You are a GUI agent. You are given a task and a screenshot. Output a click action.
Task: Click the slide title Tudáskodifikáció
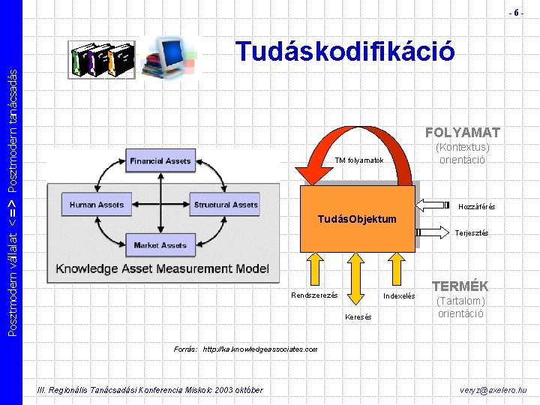point(344,52)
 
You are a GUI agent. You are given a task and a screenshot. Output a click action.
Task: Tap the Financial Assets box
point(160,161)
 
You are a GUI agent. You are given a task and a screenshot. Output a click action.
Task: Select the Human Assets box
point(96,205)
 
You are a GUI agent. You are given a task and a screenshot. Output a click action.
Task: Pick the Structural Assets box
point(226,205)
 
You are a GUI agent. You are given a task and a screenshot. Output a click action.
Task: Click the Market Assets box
point(160,245)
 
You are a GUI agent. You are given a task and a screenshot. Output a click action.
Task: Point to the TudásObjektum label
point(356,219)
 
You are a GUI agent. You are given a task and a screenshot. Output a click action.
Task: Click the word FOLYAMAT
point(462,133)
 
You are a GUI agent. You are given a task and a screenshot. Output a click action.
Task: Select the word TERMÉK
point(460,286)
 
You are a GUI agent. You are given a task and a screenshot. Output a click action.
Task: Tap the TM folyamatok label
point(359,160)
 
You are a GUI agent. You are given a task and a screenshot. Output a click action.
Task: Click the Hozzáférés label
point(477,206)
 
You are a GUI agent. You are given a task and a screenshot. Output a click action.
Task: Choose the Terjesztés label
point(472,233)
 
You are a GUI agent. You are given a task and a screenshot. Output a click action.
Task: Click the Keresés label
point(358,317)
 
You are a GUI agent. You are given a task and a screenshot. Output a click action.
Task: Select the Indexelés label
point(399,296)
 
